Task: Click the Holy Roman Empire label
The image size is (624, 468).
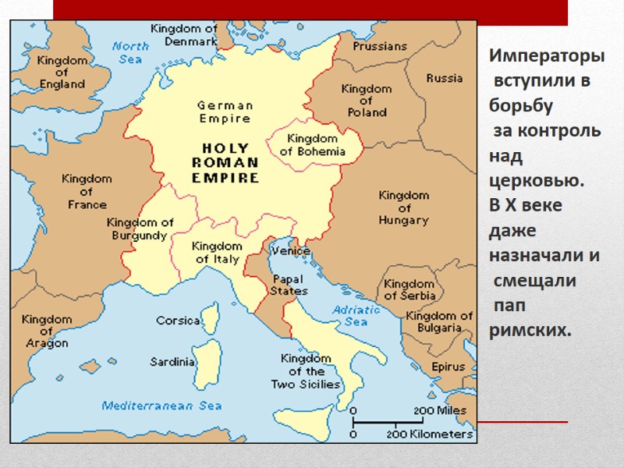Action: pos(225,162)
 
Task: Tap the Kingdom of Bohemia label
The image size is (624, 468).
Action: pos(312,145)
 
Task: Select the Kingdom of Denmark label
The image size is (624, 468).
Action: pos(184,34)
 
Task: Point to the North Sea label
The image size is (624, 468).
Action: pos(131,52)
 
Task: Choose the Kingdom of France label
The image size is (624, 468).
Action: pos(87,192)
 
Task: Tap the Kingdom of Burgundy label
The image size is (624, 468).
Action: pos(140,229)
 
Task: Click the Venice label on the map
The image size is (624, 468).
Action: pos(291,251)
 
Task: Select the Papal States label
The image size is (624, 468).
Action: pos(289,285)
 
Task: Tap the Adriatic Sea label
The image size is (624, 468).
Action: pos(356,315)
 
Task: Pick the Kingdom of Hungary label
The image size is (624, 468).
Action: pos(404,207)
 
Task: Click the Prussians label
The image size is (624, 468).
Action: pos(380,47)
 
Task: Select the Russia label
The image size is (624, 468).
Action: pos(445,78)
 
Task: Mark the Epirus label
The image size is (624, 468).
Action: pos(448,367)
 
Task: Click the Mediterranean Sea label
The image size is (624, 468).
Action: pos(161,406)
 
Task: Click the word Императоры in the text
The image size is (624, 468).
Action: pos(547,57)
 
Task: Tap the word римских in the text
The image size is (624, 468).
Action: pos(530,331)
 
